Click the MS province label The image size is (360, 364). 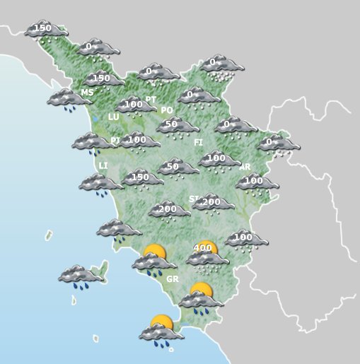(87, 93)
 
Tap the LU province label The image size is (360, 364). (113, 117)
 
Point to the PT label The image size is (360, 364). (151, 100)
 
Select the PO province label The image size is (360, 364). (167, 110)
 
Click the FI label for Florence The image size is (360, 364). (199, 142)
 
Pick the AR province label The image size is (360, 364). (245, 167)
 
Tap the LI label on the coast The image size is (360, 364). (103, 165)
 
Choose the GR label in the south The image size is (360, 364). (172, 279)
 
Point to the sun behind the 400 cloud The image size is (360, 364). (206, 247)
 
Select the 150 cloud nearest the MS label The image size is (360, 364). (103, 80)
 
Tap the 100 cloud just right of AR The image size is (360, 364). (256, 182)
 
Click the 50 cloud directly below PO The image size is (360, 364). (178, 126)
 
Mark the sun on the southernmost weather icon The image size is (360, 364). (163, 322)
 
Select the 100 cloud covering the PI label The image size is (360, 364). (139, 141)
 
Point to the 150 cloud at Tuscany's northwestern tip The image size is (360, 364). (45, 30)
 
